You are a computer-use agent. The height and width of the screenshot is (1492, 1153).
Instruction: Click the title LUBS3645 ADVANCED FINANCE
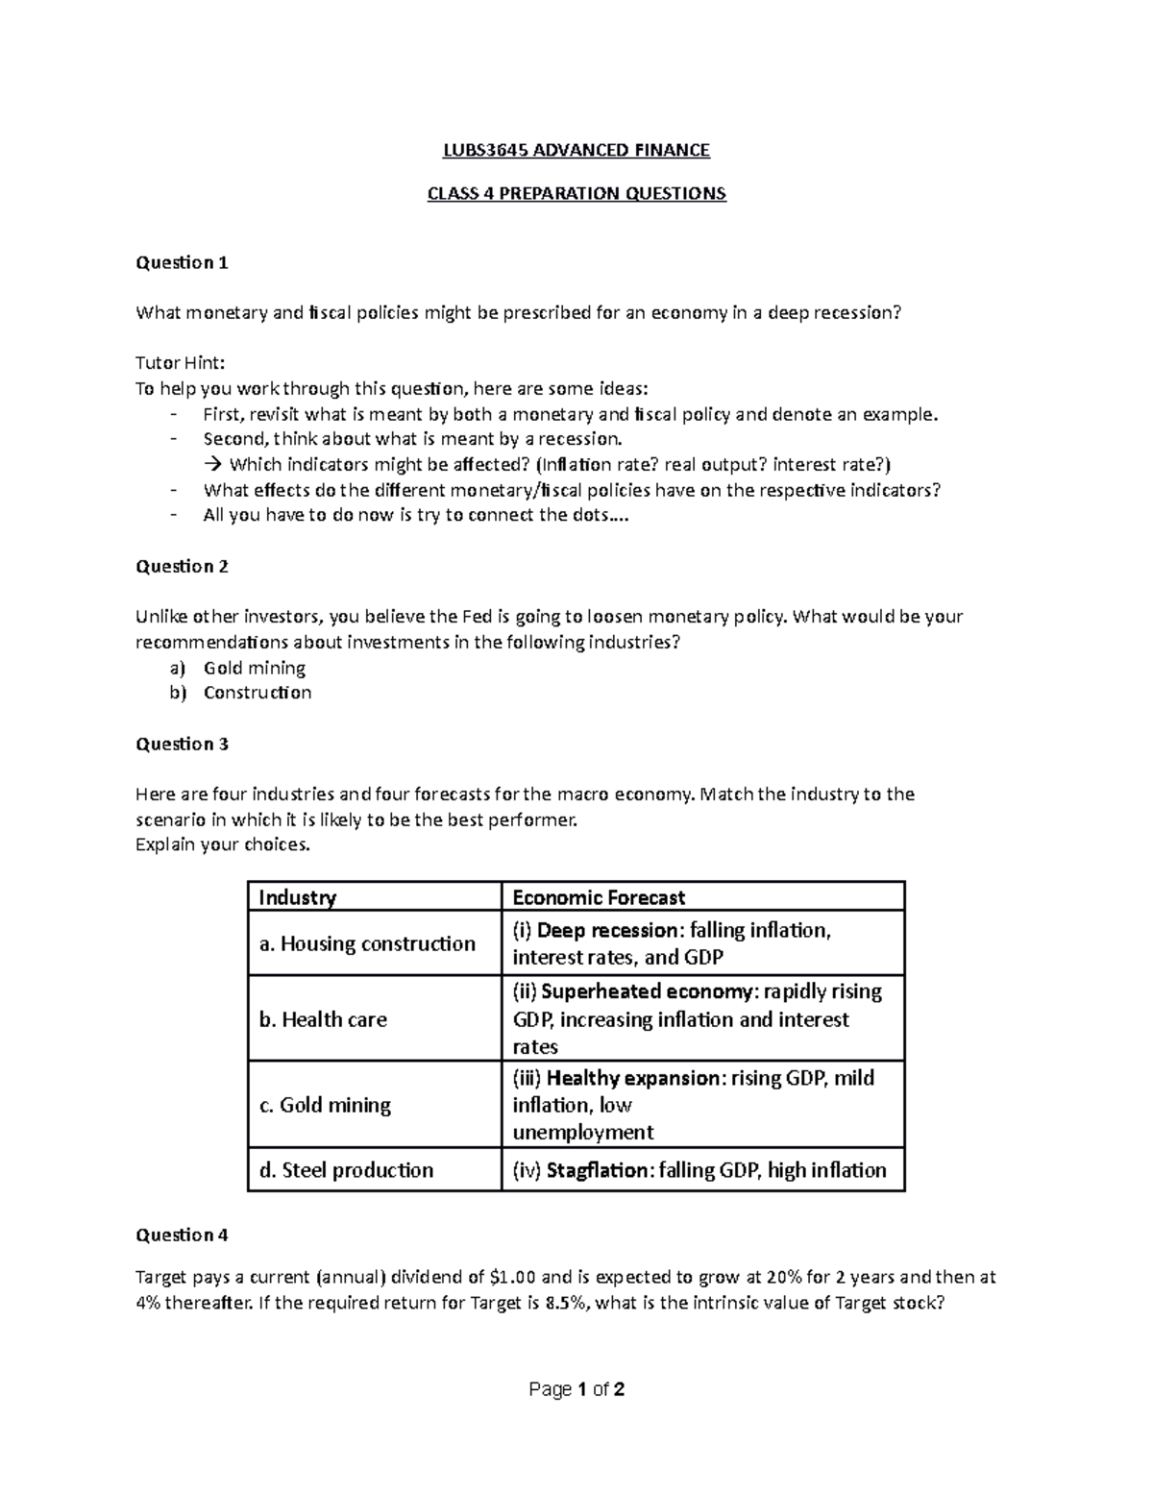pyautogui.click(x=576, y=150)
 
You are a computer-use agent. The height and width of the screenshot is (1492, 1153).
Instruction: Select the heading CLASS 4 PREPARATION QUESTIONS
pyautogui.click(x=576, y=194)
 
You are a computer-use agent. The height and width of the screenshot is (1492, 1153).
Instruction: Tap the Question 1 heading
pyautogui.click(x=182, y=262)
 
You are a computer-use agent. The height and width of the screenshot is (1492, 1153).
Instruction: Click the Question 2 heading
pyautogui.click(x=182, y=566)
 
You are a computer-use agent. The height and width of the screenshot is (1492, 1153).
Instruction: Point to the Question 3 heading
pyautogui.click(x=182, y=744)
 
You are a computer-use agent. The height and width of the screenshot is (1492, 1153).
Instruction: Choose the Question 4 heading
pyautogui.click(x=182, y=1235)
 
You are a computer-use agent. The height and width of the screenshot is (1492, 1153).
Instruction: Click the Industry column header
pyautogui.click(x=298, y=897)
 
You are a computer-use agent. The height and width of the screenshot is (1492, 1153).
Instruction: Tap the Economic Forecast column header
pyautogui.click(x=599, y=897)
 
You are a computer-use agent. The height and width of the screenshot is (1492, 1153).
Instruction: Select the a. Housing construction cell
pyautogui.click(x=367, y=943)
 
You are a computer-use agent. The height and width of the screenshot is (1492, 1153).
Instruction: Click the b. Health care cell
pyautogui.click(x=323, y=1019)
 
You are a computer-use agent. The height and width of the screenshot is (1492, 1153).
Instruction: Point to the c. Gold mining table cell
pyautogui.click(x=325, y=1105)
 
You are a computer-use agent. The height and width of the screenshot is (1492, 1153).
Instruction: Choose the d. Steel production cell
pyautogui.click(x=346, y=1170)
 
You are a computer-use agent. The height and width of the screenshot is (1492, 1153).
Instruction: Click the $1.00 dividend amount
pyautogui.click(x=512, y=1278)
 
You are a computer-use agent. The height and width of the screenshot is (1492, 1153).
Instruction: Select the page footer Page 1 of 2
pyautogui.click(x=576, y=1389)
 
